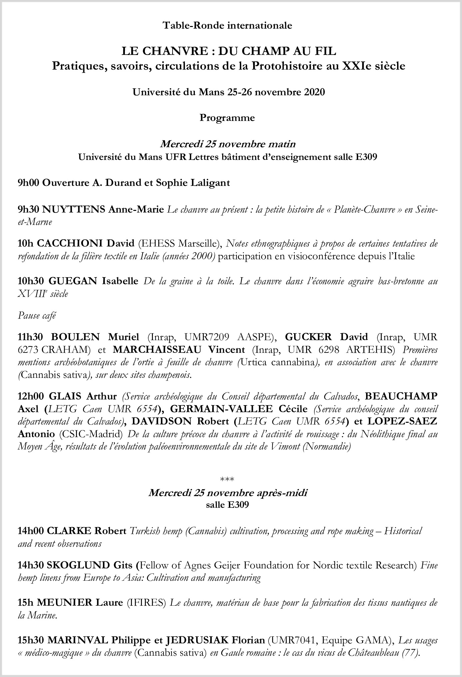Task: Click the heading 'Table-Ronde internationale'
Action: click(227, 25)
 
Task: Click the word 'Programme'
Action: click(227, 118)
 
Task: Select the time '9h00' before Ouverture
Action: click(29, 183)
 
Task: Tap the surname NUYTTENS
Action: click(73, 210)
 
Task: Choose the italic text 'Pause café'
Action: click(37, 316)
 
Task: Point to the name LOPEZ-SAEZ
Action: click(402, 421)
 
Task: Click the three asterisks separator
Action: click(227, 480)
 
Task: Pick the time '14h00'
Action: click(31, 531)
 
